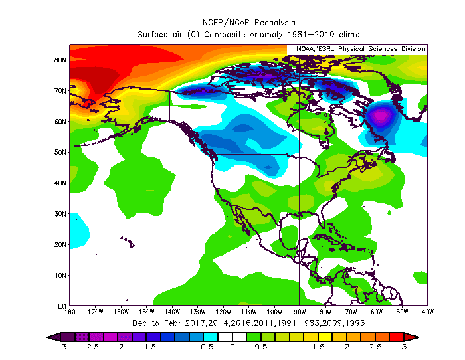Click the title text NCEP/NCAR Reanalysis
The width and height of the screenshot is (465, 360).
(x=249, y=22)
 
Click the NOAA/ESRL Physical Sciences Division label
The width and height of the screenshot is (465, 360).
(x=357, y=49)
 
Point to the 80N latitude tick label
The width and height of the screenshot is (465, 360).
(x=60, y=60)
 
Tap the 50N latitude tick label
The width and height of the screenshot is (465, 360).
(x=60, y=152)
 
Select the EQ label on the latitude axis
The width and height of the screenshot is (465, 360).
(x=62, y=306)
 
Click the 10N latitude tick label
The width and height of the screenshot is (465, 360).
(x=60, y=275)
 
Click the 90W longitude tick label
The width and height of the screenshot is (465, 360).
(x=300, y=311)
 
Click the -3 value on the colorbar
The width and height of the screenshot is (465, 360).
(x=60, y=347)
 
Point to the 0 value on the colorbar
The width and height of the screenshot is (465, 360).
(x=232, y=347)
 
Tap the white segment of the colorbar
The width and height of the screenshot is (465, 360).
(x=232, y=337)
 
